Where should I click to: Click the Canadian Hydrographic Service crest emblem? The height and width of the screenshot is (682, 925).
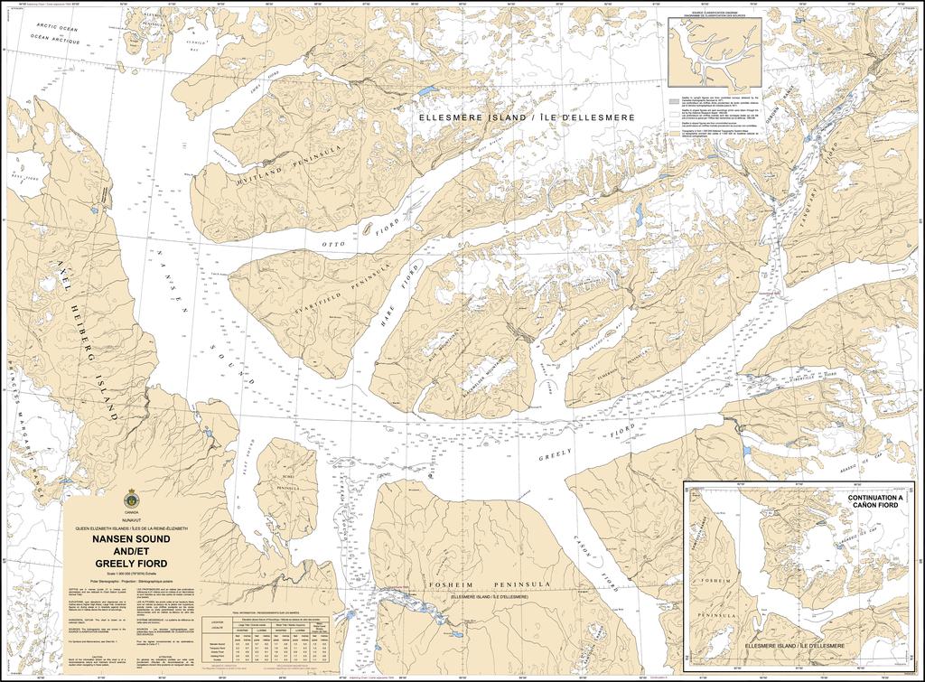coord(133,498)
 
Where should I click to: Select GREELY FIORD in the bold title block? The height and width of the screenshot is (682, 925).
coord(132,563)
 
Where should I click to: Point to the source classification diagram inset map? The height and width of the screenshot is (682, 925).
coord(714,54)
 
